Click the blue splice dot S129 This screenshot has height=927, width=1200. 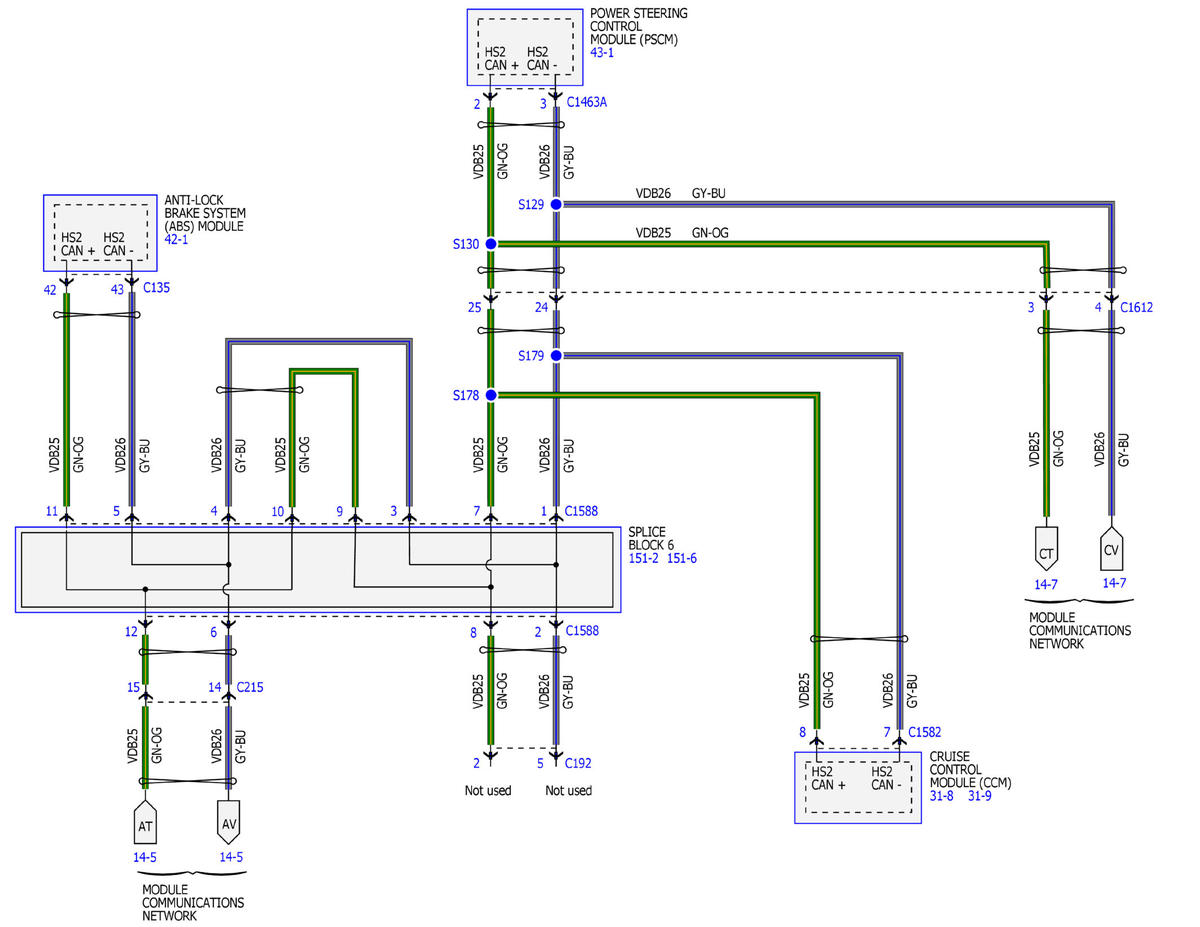(x=556, y=204)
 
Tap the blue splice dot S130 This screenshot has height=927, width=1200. (x=490, y=243)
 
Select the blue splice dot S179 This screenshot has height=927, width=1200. (x=556, y=356)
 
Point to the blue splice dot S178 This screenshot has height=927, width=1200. (x=490, y=395)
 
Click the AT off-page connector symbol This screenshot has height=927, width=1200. (x=145, y=822)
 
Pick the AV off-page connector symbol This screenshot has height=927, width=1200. (x=229, y=822)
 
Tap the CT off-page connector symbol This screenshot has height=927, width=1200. (x=1046, y=549)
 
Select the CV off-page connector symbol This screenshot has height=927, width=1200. (x=1111, y=548)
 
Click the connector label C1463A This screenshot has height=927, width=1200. (x=586, y=102)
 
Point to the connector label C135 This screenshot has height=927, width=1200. (x=156, y=288)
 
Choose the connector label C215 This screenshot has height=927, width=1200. (x=250, y=687)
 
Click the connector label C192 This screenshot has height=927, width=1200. (x=578, y=763)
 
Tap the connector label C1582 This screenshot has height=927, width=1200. (x=924, y=732)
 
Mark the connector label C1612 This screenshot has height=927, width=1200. (x=1136, y=308)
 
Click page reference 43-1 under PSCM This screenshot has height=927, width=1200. (x=601, y=52)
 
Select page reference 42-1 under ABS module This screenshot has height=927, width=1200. (x=176, y=239)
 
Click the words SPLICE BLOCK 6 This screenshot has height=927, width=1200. (x=651, y=538)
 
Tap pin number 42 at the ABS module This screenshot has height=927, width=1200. (x=50, y=290)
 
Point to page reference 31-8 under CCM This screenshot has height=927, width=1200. (x=942, y=796)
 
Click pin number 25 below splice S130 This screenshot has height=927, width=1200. (x=474, y=308)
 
